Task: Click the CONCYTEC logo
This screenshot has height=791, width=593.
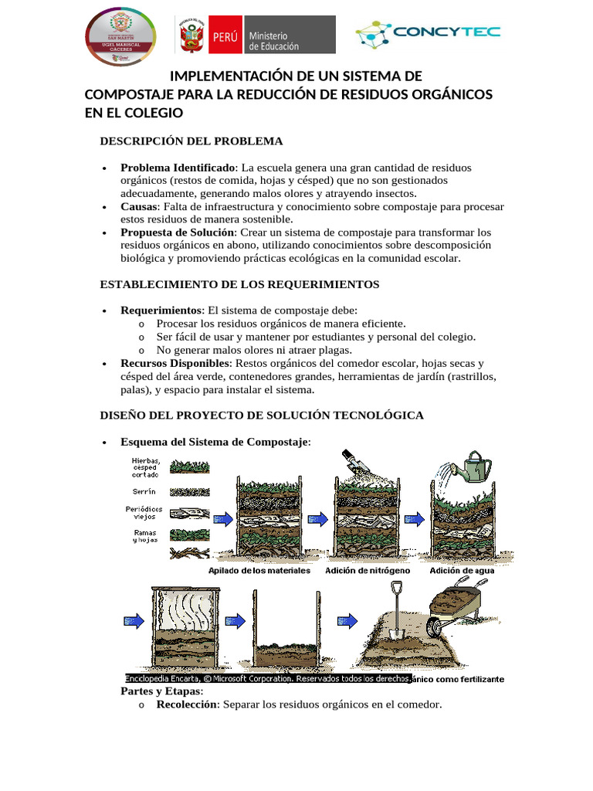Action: pyautogui.click(x=427, y=33)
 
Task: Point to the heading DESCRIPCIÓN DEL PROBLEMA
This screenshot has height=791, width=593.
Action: pyautogui.click(x=191, y=141)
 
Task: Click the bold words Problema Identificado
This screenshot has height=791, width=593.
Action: pyautogui.click(x=179, y=168)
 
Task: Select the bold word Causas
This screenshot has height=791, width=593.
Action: pyautogui.click(x=137, y=207)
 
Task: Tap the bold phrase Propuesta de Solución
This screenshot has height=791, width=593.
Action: pyautogui.click(x=178, y=233)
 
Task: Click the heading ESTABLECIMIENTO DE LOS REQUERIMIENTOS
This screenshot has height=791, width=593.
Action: pyautogui.click(x=239, y=284)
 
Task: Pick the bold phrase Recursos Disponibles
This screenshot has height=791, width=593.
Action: pyautogui.click(x=175, y=363)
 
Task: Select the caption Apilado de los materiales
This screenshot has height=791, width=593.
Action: pyautogui.click(x=259, y=571)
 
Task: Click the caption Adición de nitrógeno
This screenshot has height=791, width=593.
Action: pyautogui.click(x=367, y=571)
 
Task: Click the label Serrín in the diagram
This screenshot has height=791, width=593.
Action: pyautogui.click(x=144, y=491)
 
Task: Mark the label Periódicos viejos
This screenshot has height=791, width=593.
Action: pyautogui.click(x=144, y=513)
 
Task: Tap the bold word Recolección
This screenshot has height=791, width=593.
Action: pyautogui.click(x=186, y=704)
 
